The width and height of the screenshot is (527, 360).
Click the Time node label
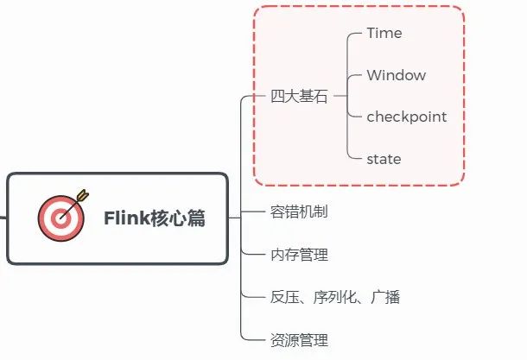[384, 34]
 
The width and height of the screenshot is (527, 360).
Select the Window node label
[396, 75]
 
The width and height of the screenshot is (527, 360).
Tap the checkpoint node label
[406, 117]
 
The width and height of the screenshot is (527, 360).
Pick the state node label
[384, 159]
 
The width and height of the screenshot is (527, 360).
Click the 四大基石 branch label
[299, 97]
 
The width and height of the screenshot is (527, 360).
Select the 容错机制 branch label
[299, 212]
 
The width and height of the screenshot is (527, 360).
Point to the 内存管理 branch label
[299, 255]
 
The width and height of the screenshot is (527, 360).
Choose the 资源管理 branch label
[299, 340]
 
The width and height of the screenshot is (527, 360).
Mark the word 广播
[384, 298]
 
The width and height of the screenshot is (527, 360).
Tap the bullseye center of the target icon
[60, 218]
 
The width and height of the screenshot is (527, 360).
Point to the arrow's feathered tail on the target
[82, 194]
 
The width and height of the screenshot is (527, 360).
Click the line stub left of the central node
[3, 218]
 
